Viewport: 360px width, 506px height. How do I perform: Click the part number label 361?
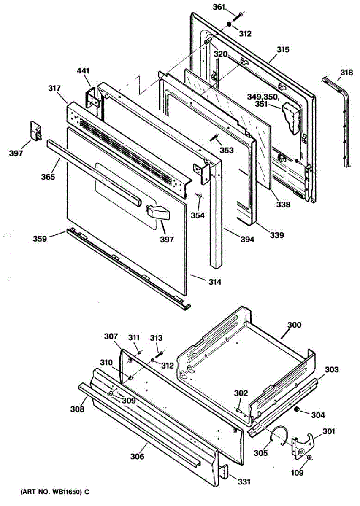point(220,7)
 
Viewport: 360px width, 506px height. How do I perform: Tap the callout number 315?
point(283,50)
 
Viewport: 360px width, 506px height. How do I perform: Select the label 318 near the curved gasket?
point(346,73)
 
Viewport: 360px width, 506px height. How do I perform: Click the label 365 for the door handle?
point(48,177)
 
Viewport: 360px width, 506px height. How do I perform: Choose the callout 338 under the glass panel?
point(284,205)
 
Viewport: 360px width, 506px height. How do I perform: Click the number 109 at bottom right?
point(298,473)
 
